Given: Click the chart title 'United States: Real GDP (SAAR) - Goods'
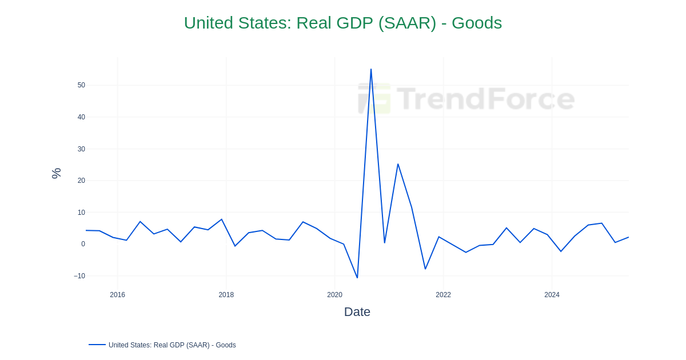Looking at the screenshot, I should pyautogui.click(x=342, y=23).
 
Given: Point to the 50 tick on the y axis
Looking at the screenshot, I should pyautogui.click(x=81, y=85).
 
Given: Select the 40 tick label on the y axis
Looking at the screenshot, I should pyautogui.click(x=81, y=117).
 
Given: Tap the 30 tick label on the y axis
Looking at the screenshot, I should pyautogui.click(x=81, y=149).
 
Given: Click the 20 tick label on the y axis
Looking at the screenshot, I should pyautogui.click(x=81, y=181).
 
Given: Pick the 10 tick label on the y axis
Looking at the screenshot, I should pyautogui.click(x=81, y=213).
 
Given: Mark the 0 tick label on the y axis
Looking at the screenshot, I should pyautogui.click(x=83, y=244).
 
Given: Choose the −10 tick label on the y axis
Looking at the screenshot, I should pyautogui.click(x=79, y=276).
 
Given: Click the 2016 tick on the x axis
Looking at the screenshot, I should pyautogui.click(x=118, y=295).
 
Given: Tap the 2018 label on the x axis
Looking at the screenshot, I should pyautogui.click(x=226, y=295).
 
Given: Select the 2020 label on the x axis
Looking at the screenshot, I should pyautogui.click(x=335, y=295).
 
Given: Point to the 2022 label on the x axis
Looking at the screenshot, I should pyautogui.click(x=444, y=295).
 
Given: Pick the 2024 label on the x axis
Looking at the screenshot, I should pyautogui.click(x=552, y=295).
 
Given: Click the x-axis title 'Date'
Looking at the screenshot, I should pyautogui.click(x=357, y=312).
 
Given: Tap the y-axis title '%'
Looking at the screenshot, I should pyautogui.click(x=56, y=173).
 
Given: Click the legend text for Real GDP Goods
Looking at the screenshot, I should pyautogui.click(x=172, y=345).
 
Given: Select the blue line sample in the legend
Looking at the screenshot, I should pyautogui.click(x=97, y=345).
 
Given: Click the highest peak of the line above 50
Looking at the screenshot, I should pyautogui.click(x=371, y=70).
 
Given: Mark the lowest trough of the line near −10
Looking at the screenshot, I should pyautogui.click(x=357, y=278).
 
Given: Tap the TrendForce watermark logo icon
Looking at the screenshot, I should pyautogui.click(x=374, y=98).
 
